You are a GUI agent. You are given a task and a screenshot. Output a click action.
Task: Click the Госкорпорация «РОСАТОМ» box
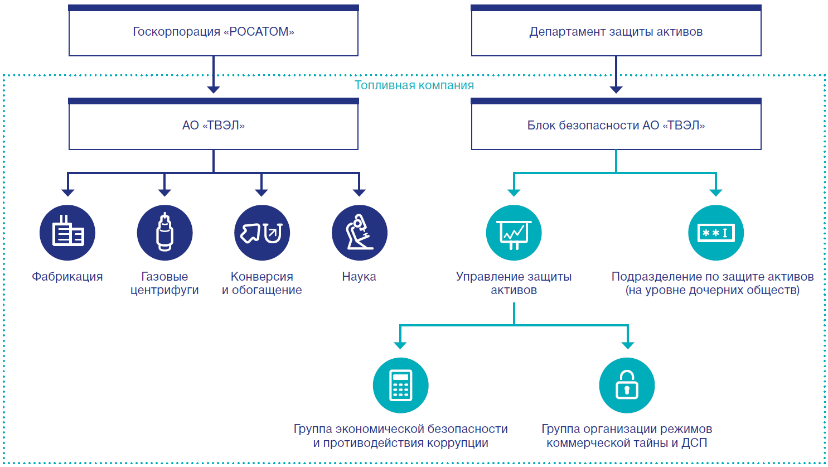pyautogui.click(x=214, y=32)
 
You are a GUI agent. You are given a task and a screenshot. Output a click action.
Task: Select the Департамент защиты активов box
pyautogui.click(x=616, y=32)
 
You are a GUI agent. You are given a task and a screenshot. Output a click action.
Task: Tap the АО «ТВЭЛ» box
pyautogui.click(x=214, y=126)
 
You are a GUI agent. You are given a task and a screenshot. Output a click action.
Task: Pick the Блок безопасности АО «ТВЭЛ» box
pyautogui.click(x=616, y=126)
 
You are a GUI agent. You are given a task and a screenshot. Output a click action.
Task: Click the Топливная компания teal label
pyautogui.click(x=414, y=85)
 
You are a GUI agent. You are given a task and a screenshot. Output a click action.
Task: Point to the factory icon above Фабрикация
pyautogui.click(x=67, y=233)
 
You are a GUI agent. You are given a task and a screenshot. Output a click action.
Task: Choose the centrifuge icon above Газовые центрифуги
pyautogui.click(x=164, y=233)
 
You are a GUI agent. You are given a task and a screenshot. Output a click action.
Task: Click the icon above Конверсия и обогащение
pyautogui.click(x=262, y=233)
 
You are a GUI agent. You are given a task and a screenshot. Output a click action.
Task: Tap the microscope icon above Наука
pyautogui.click(x=359, y=233)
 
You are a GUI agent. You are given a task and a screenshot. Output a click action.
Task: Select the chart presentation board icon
pyautogui.click(x=514, y=233)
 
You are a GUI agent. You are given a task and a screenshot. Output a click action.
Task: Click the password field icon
pyautogui.click(x=716, y=233)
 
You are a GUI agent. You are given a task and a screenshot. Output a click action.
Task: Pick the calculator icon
pyautogui.click(x=400, y=386)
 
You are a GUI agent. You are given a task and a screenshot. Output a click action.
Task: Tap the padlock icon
pyautogui.click(x=627, y=386)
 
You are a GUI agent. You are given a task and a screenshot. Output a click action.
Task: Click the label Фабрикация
pyautogui.click(x=67, y=277)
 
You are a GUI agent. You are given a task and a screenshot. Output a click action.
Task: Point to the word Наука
pyautogui.click(x=359, y=277)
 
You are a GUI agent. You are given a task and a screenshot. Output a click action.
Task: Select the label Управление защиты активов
pyautogui.click(x=514, y=283)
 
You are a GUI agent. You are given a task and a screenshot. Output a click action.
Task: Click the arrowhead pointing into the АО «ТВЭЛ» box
pyautogui.click(x=214, y=89)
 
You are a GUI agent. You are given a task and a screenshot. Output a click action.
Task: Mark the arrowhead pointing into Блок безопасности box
pyautogui.click(x=616, y=89)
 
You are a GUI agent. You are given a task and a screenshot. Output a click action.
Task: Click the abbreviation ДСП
pyautogui.click(x=694, y=444)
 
